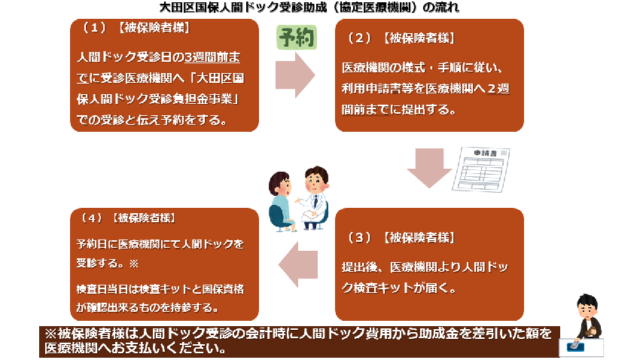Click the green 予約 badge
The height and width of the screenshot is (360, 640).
point(297,38)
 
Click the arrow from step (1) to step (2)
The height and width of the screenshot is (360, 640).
point(294,75)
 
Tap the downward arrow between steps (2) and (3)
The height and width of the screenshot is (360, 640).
point(429,168)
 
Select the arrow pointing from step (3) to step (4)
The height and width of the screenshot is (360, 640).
point(298,264)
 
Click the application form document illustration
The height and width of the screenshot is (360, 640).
point(481,169)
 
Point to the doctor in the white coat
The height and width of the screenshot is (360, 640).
point(315,197)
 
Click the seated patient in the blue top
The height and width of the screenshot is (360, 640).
point(281,202)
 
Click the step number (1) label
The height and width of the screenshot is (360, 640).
point(94,28)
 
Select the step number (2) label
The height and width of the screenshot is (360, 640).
point(359,38)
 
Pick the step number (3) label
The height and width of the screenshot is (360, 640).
point(359,237)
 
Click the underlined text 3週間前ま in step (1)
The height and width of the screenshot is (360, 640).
point(212,57)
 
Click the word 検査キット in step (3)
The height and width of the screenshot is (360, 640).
point(377,288)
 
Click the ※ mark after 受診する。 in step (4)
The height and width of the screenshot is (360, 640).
point(134,264)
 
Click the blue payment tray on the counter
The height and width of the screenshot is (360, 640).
point(575,347)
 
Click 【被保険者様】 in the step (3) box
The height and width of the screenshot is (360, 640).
point(419,237)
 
